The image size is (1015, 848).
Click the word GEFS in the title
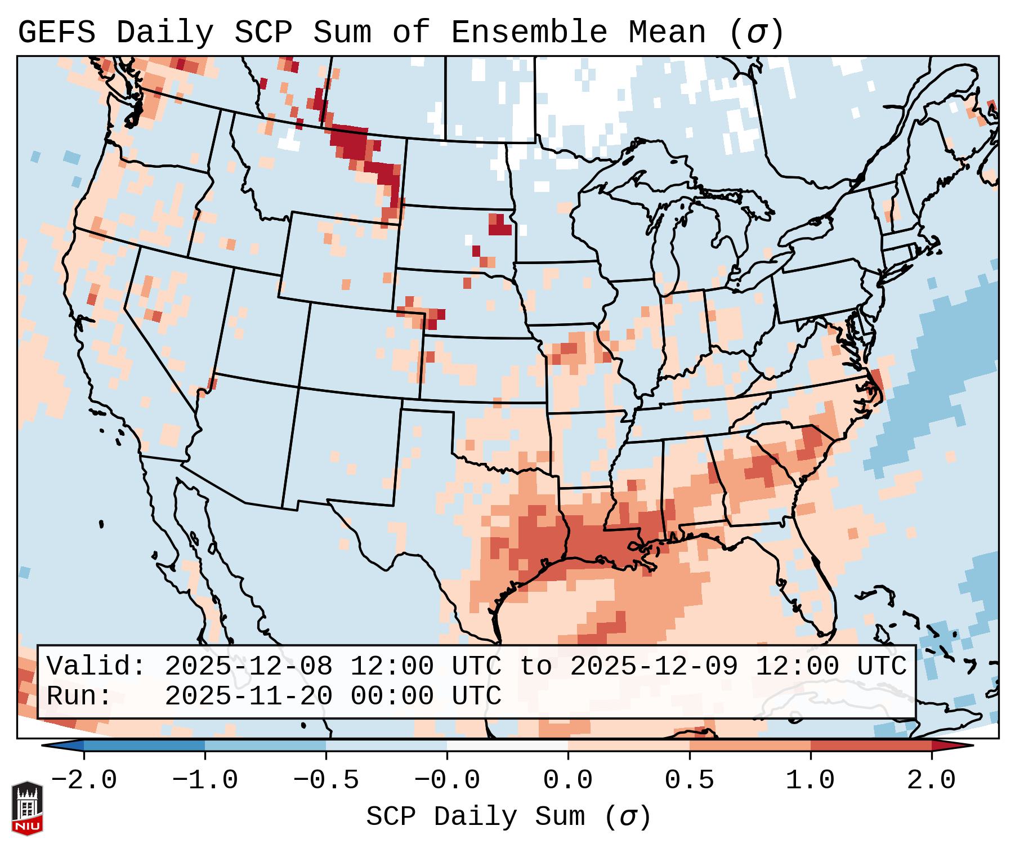(x=56, y=33)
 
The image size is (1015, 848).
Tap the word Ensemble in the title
(x=529, y=33)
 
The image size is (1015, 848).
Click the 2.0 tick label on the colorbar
(x=932, y=780)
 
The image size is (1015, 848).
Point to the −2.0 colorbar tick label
(x=84, y=780)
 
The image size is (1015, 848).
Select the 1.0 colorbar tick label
(x=810, y=780)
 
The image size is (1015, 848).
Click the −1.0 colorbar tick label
(x=205, y=780)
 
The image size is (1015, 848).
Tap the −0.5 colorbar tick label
(x=326, y=780)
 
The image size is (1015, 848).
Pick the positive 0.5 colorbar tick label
(x=689, y=780)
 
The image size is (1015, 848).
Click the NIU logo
(x=27, y=808)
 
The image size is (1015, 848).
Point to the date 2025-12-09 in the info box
(x=654, y=666)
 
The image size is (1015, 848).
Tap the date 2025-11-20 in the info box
(x=248, y=697)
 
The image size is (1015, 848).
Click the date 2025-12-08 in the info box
(x=248, y=666)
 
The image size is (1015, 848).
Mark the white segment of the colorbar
(x=507, y=746)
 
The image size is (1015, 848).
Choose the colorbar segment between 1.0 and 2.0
(x=871, y=746)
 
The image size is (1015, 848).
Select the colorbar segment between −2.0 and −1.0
(x=144, y=746)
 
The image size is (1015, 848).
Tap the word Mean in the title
(x=667, y=33)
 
